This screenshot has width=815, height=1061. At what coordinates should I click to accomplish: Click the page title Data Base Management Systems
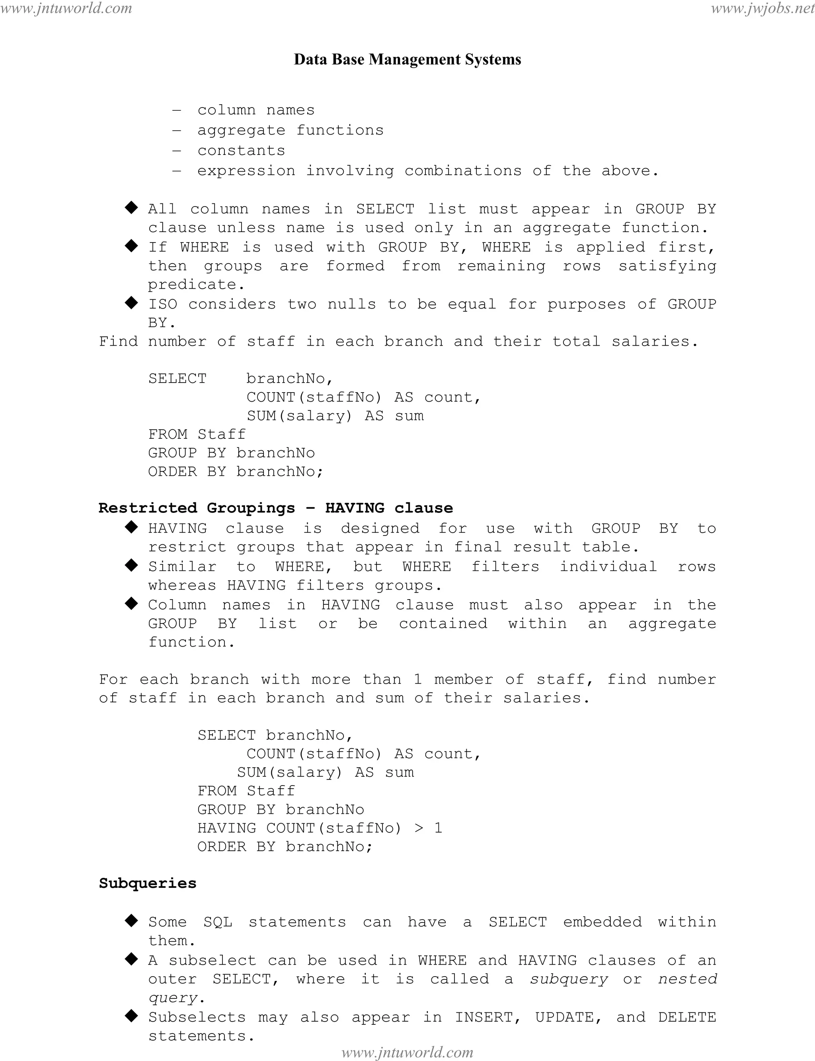pyautogui.click(x=407, y=60)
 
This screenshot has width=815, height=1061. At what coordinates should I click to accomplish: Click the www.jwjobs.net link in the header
pyautogui.click(x=762, y=8)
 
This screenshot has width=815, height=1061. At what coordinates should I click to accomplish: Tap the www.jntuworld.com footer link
pyautogui.click(x=407, y=1052)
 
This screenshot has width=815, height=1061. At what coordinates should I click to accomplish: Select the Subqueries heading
pyautogui.click(x=148, y=883)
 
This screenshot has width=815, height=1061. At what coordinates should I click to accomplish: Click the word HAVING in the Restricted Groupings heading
pyautogui.click(x=355, y=508)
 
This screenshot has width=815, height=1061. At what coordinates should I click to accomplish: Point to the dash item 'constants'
pyautogui.click(x=241, y=151)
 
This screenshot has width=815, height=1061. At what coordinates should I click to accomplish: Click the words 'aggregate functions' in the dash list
pyautogui.click(x=290, y=131)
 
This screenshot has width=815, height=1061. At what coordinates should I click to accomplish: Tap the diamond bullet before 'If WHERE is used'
pyautogui.click(x=131, y=246)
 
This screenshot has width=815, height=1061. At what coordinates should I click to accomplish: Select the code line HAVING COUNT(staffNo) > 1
pyautogui.click(x=320, y=828)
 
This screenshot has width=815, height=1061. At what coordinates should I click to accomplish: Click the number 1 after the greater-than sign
pyautogui.click(x=438, y=828)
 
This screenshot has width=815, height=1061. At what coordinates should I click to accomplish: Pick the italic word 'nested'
pyautogui.click(x=687, y=979)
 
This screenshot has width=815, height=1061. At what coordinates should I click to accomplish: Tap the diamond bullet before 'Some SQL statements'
pyautogui.click(x=131, y=921)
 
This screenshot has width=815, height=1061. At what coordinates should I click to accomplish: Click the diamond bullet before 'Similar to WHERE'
pyautogui.click(x=131, y=565)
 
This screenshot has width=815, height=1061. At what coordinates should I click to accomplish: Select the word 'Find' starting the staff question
pyautogui.click(x=118, y=342)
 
